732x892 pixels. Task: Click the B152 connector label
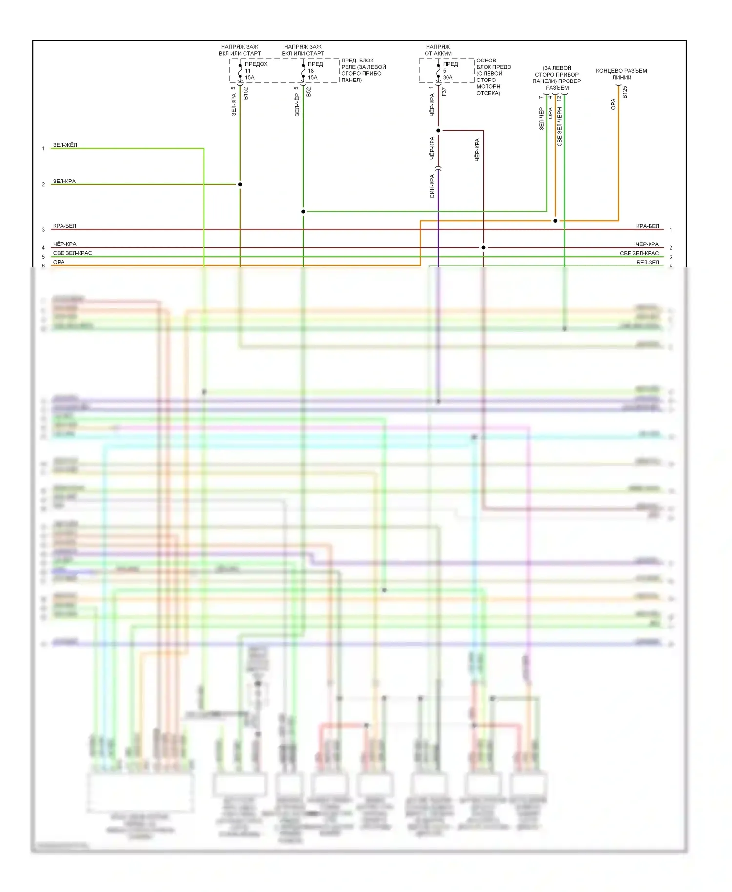[x=245, y=93]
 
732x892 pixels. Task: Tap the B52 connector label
[x=308, y=92]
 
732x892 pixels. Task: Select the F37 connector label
[x=444, y=91]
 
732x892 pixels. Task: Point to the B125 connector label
[x=625, y=92]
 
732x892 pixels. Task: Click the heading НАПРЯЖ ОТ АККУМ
[x=438, y=50]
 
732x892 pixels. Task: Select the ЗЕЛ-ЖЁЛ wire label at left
[x=65, y=145]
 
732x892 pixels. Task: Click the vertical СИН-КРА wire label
[x=432, y=186]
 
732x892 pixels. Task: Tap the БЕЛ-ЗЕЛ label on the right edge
[x=647, y=263]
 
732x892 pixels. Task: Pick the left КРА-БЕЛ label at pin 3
[x=64, y=226]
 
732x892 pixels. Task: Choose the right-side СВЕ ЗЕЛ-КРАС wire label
[x=639, y=253]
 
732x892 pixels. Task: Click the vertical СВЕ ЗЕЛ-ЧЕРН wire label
[x=559, y=127]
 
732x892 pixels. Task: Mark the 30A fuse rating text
[x=447, y=78]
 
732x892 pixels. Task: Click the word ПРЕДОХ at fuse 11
[x=256, y=64]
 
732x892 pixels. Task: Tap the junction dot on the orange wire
[x=555, y=221]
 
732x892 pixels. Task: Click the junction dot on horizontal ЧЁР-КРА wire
[x=483, y=247]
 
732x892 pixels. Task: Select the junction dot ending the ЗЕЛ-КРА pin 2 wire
[x=240, y=184]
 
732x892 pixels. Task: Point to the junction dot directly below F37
[x=438, y=130]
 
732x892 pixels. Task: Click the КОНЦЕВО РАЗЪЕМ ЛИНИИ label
[x=621, y=74]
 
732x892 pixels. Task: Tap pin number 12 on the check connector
[x=559, y=98]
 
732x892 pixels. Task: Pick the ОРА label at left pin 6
[x=59, y=262]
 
